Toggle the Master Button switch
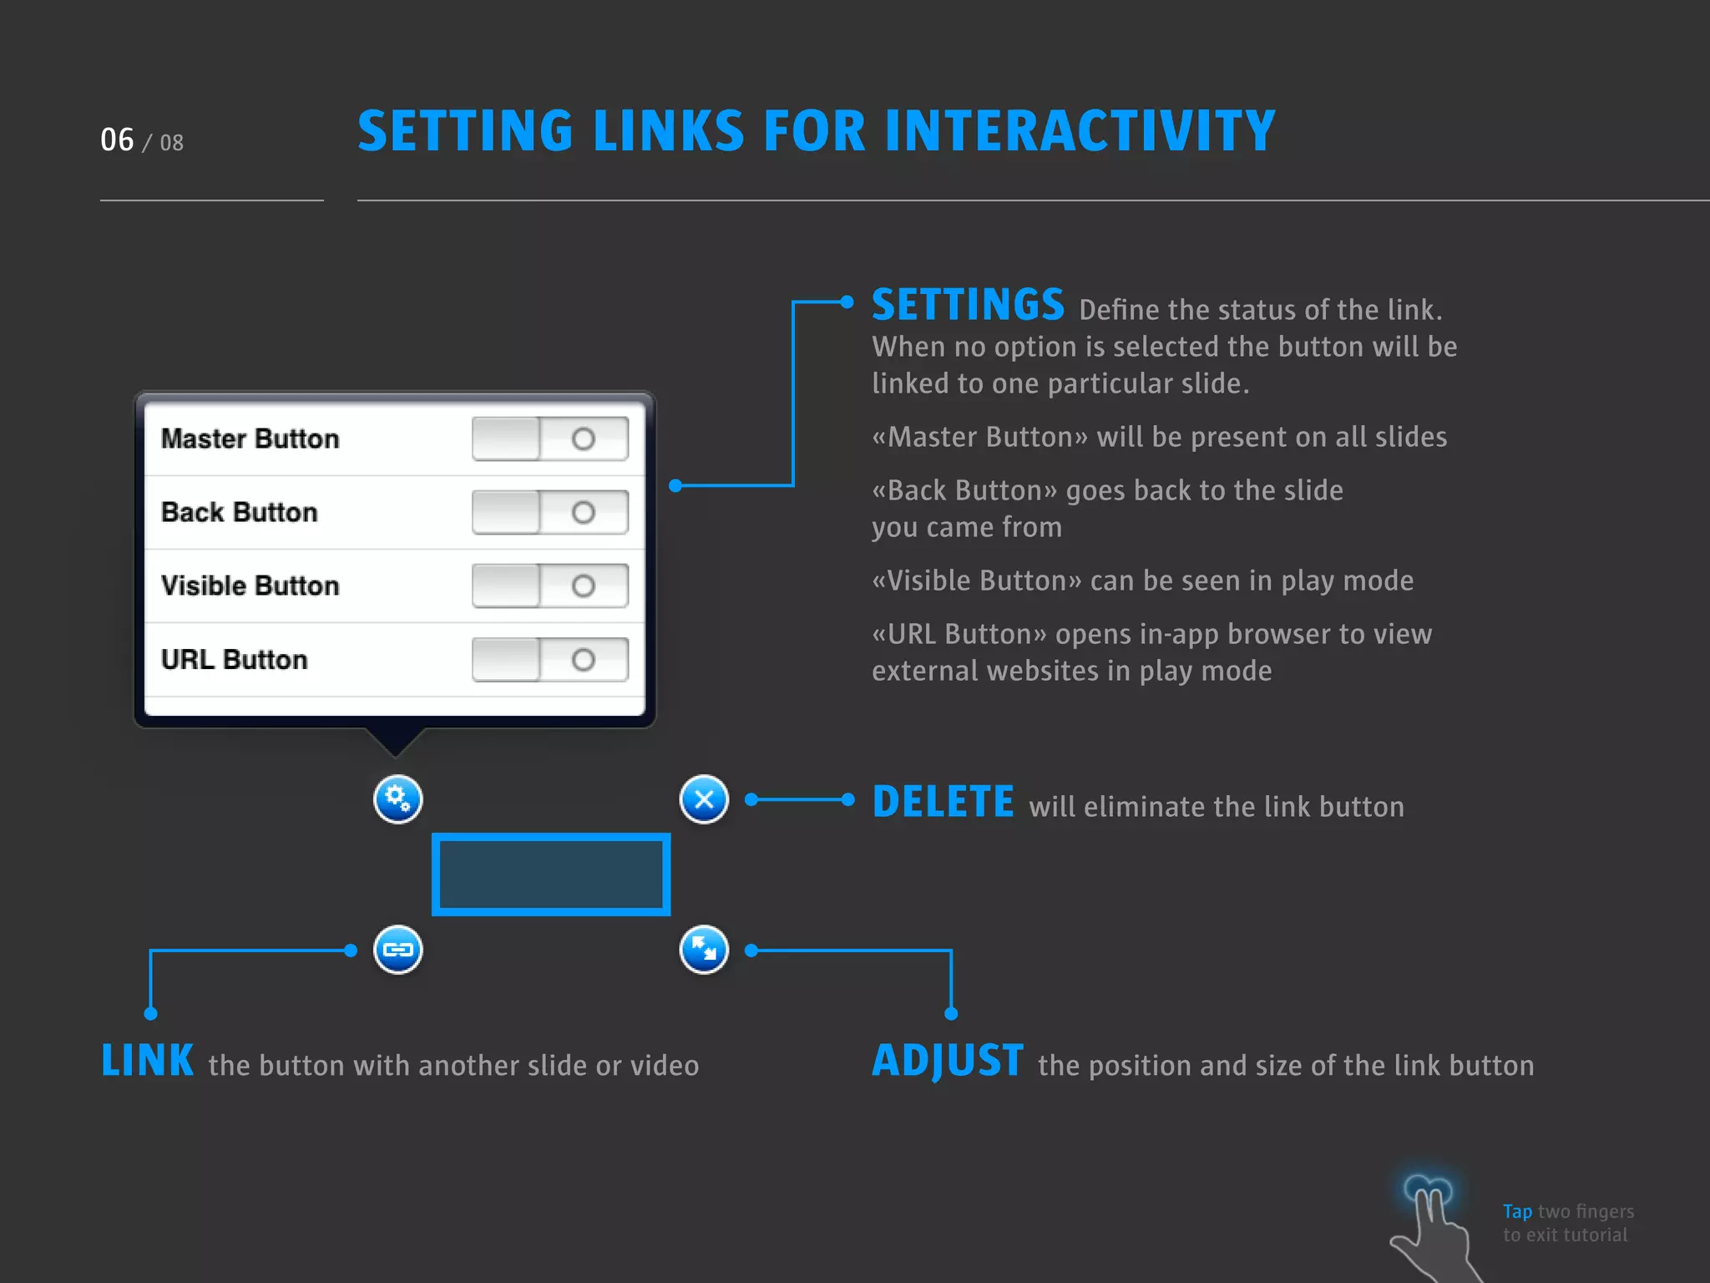tap(550, 439)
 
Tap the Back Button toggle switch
tap(550, 512)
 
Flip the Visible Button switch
tap(550, 586)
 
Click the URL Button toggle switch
tap(550, 660)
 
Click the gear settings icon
tap(397, 799)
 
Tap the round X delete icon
tap(704, 799)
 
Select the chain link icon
tap(397, 950)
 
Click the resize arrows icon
tap(704, 950)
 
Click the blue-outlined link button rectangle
tap(551, 874)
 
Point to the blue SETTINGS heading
tap(968, 305)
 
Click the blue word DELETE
tap(944, 802)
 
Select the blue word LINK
tap(148, 1061)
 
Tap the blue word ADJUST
tap(948, 1061)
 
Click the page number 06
tap(117, 140)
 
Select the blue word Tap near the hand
tap(1517, 1211)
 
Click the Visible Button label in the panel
tap(250, 586)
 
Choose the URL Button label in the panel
tap(234, 660)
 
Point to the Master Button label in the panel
tap(250, 439)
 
